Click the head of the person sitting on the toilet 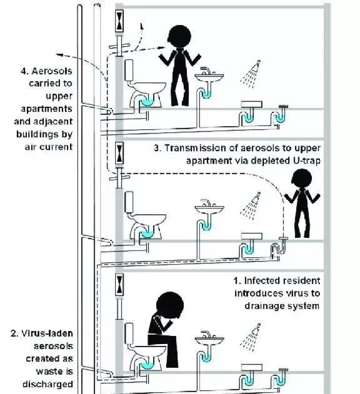click(x=170, y=305)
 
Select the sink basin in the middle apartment click(x=209, y=209)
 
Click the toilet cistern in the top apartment click(x=129, y=70)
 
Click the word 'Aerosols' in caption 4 click(x=52, y=71)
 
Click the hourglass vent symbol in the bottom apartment click(x=120, y=285)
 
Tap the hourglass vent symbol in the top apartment click(x=120, y=21)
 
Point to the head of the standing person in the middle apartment click(x=302, y=179)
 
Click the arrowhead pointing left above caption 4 click(x=59, y=54)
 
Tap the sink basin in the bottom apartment click(x=209, y=341)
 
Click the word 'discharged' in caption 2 click(x=47, y=384)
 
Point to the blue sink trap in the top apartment click(x=206, y=95)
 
